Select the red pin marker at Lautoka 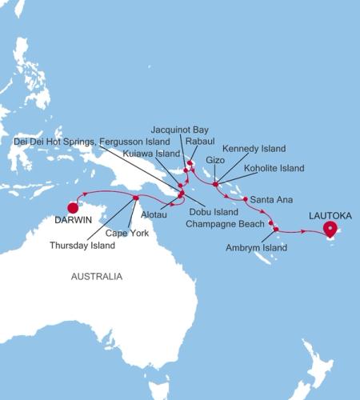[330, 230]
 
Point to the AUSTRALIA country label [97, 277]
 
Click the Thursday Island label [82, 246]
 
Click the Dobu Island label [213, 212]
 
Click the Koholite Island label [274, 169]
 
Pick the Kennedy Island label [253, 149]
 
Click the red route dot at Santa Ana [245, 198]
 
